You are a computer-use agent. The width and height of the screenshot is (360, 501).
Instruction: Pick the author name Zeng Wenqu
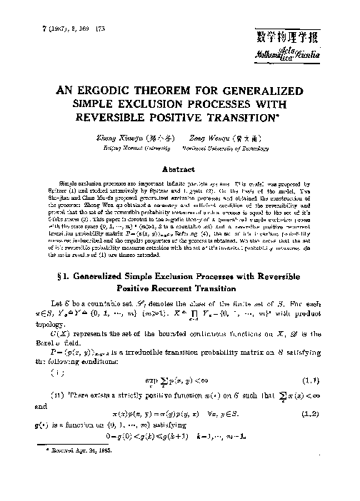pyautogui.click(x=208, y=141)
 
